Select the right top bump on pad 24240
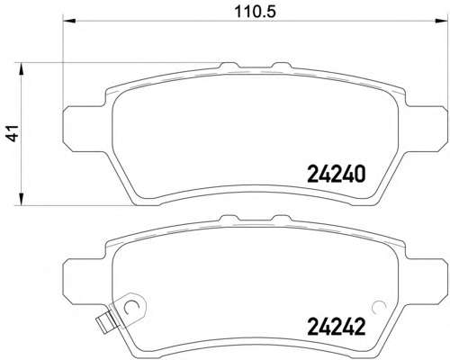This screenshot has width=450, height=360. [281, 65]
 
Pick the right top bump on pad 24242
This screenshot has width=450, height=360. [281, 218]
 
